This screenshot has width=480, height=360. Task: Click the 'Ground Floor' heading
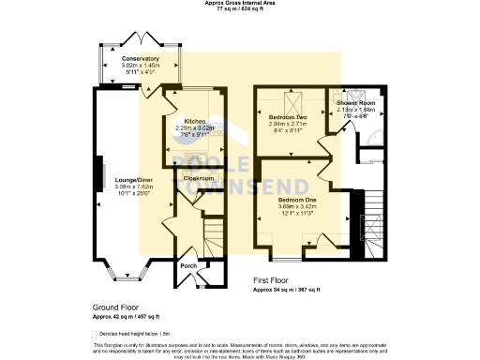coord(116,307)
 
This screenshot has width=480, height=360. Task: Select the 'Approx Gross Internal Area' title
coord(240,3)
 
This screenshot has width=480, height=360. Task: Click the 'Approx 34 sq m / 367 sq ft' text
coord(287,290)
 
